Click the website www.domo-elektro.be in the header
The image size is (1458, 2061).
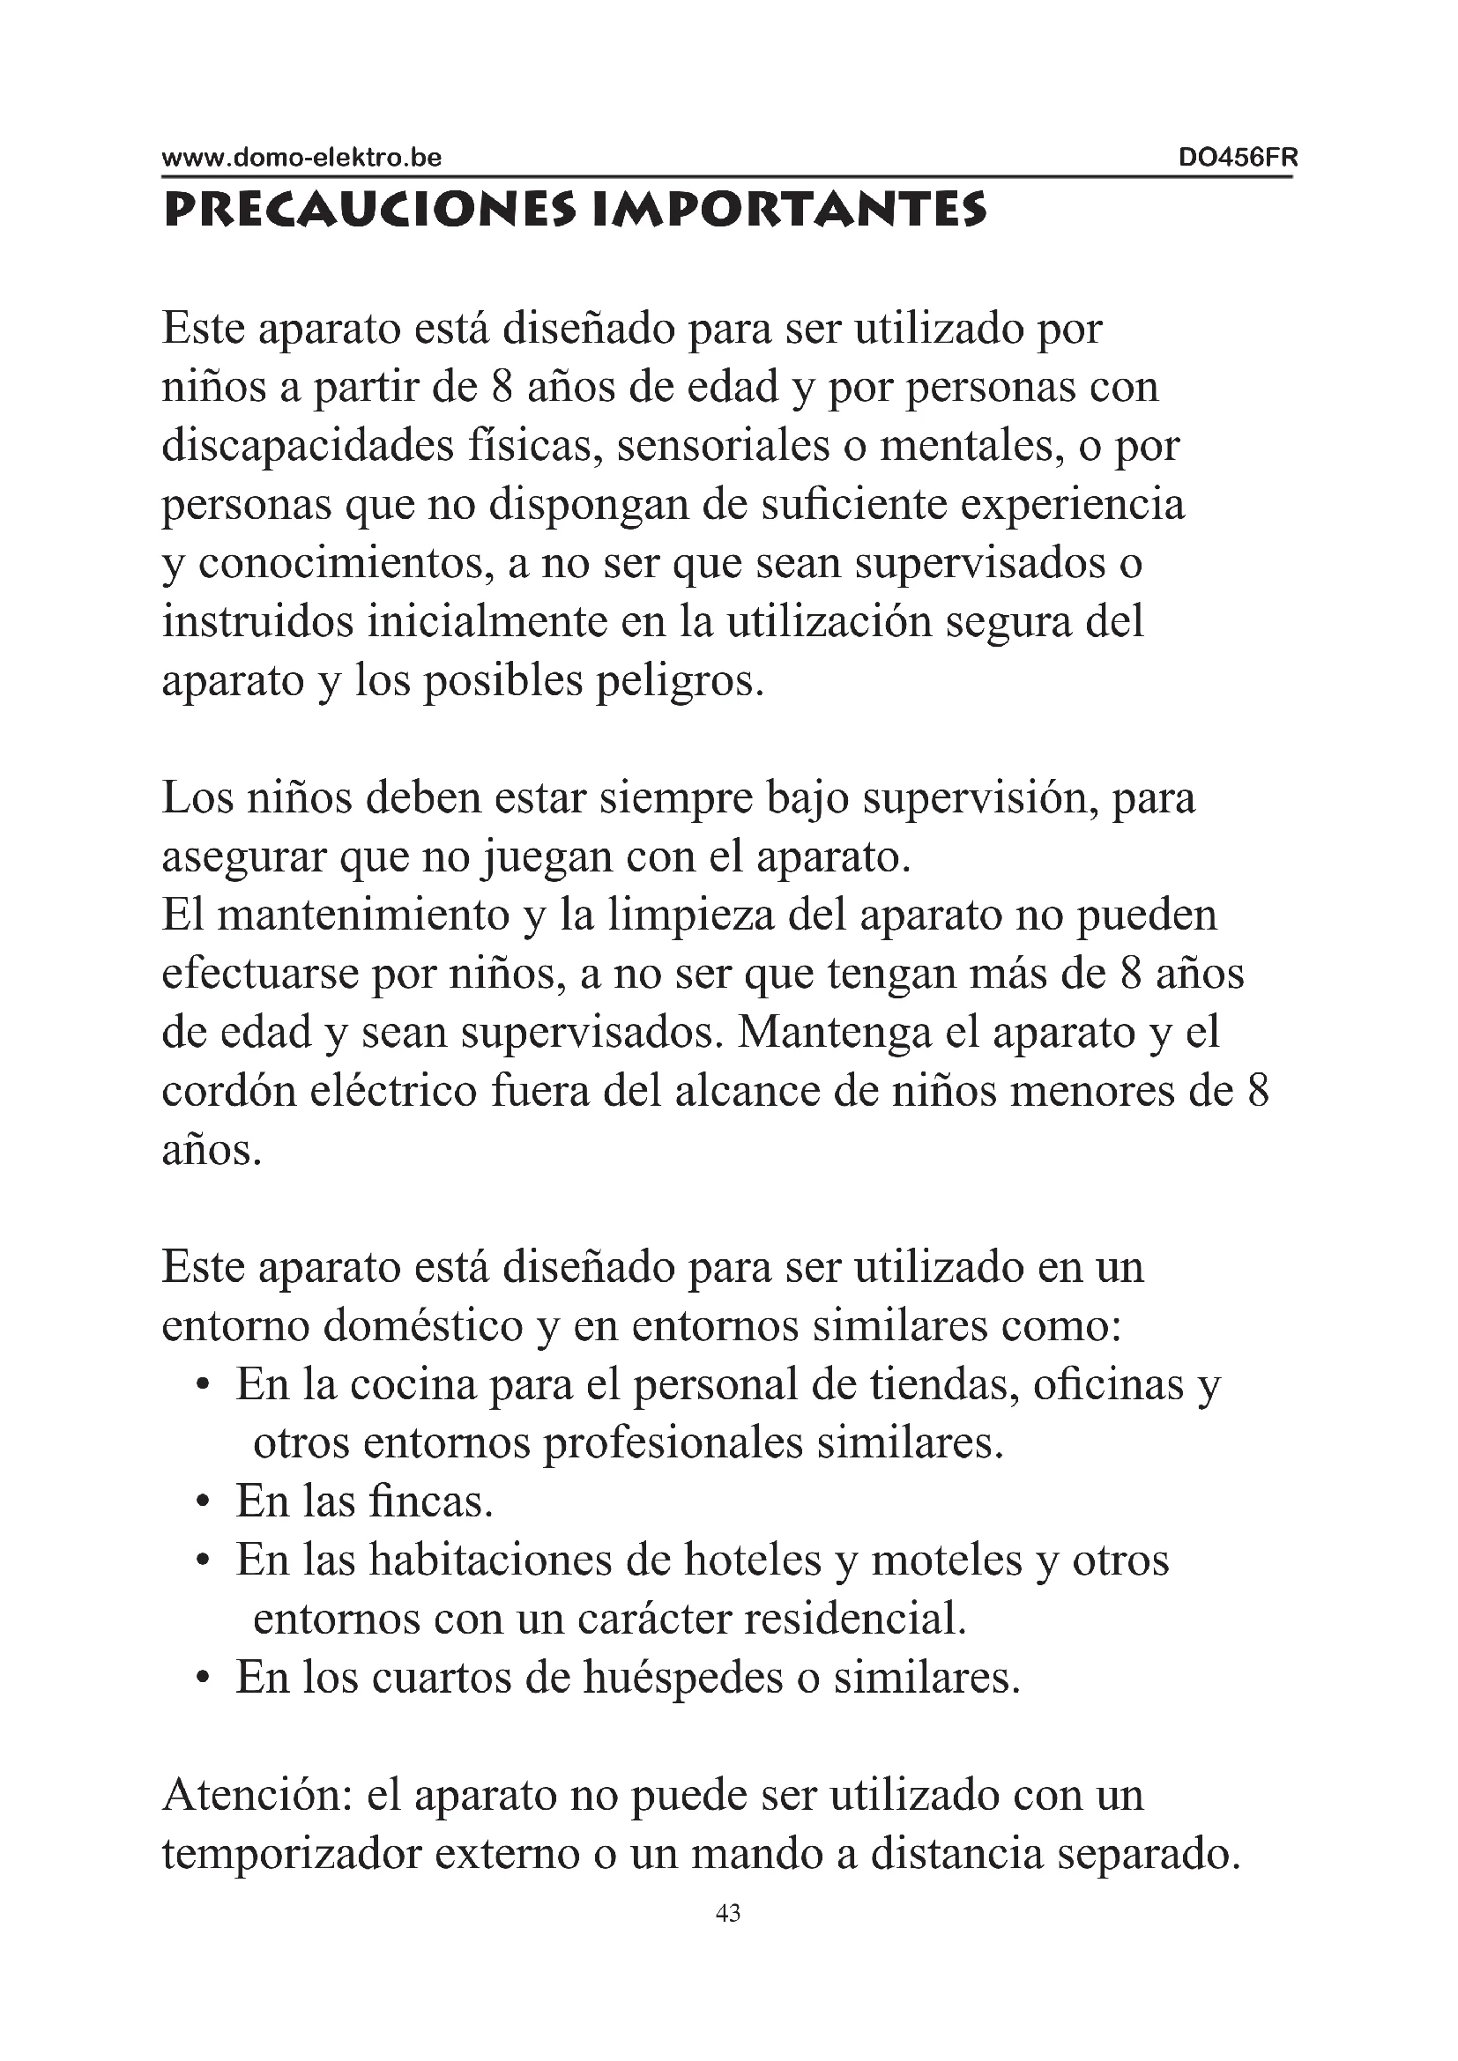tap(301, 158)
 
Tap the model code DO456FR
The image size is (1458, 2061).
tap(1237, 158)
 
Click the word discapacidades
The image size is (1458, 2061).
tap(308, 446)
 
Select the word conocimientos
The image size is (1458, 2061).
tap(346, 564)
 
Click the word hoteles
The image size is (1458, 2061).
tap(752, 1561)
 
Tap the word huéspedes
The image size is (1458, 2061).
tap(683, 1677)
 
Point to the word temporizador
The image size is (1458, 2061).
tap(291, 1854)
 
